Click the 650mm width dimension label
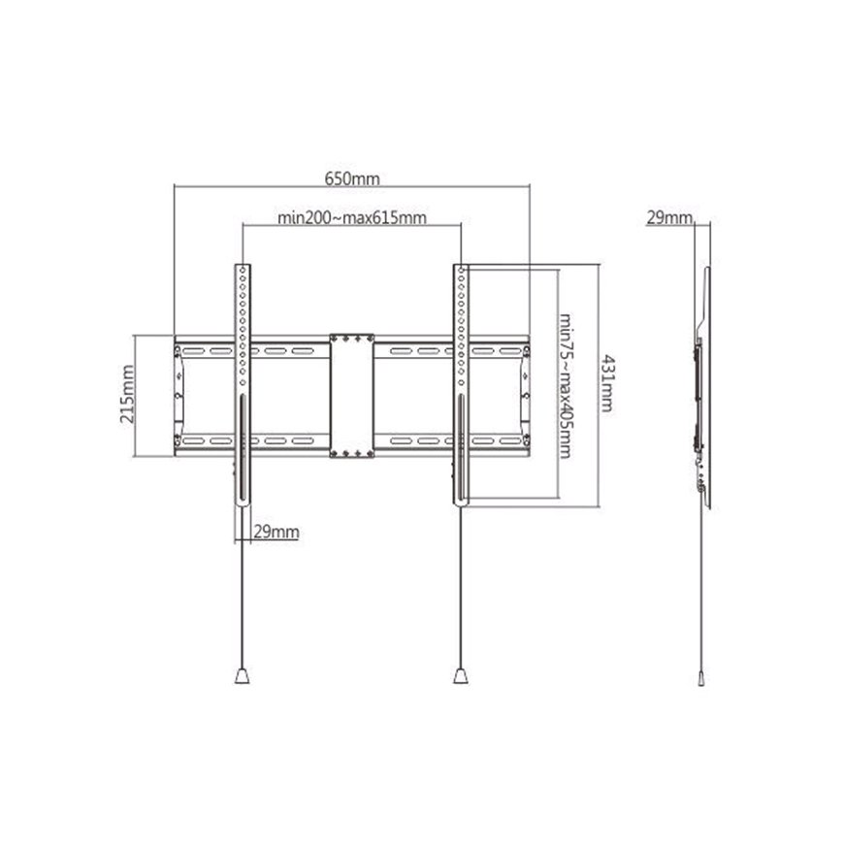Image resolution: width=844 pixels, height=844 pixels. coord(352,179)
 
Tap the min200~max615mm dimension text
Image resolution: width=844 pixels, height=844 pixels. coord(352,218)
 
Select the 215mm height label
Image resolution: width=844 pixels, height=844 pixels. coord(127,394)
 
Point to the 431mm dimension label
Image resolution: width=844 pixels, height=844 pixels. coord(606,382)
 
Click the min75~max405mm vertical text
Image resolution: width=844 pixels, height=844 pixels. coord(566,386)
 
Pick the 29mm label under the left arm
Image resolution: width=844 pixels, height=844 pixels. coord(276,532)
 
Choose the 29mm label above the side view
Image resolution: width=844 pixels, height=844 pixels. coord(669,217)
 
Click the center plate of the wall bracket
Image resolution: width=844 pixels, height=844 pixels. coord(352,396)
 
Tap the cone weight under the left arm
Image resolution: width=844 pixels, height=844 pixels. coord(243,675)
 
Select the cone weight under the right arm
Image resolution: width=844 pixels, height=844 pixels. coord(461,675)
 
